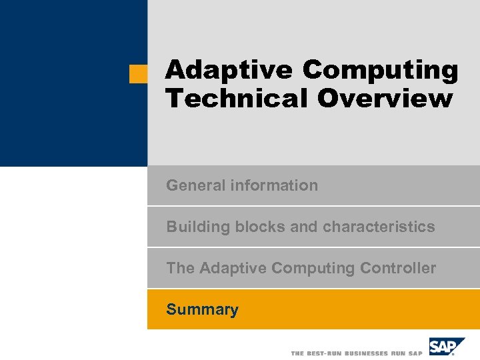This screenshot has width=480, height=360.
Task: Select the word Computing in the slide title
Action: [x=380, y=69]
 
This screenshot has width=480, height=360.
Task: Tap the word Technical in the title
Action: [x=237, y=98]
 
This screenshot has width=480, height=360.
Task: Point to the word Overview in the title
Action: [x=385, y=98]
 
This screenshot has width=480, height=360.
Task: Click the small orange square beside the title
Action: [x=138, y=73]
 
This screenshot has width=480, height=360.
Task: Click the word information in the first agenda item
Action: [x=274, y=185]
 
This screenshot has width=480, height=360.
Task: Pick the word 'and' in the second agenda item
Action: [x=304, y=227]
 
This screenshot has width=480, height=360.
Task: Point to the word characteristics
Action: [x=379, y=227]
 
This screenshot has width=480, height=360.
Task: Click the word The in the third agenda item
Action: [x=181, y=268]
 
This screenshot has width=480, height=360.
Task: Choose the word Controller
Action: [x=398, y=268]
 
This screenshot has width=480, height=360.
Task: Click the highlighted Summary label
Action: [x=202, y=309]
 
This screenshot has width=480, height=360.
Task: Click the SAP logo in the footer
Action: [x=445, y=347]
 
